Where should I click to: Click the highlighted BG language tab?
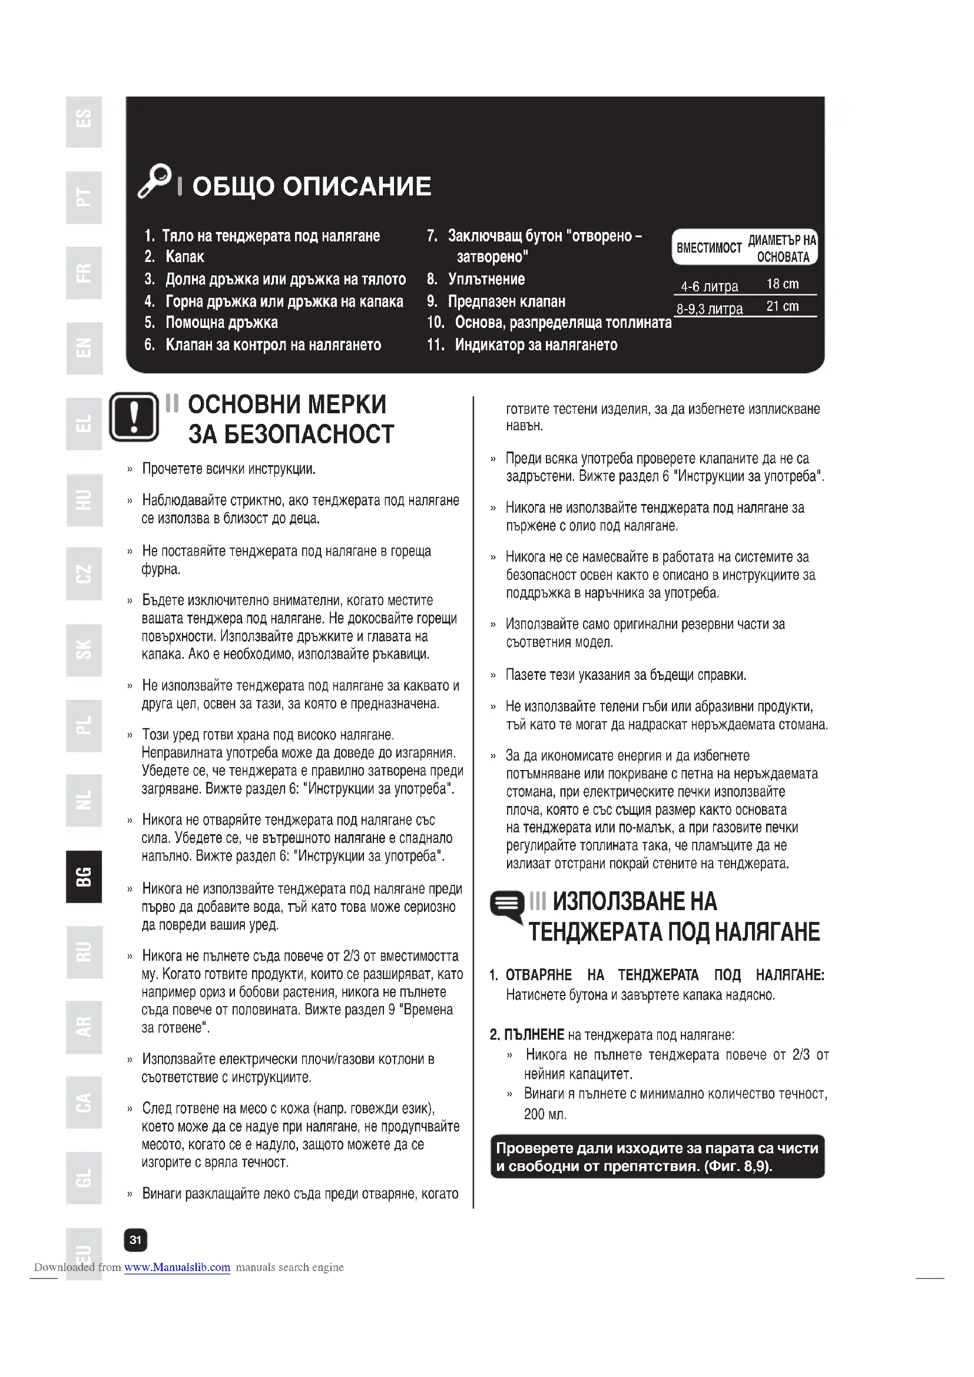[84, 876]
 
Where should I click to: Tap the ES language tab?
[84, 120]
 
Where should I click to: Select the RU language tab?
[84, 952]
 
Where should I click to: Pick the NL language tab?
[84, 800]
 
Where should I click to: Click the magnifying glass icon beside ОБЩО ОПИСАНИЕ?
[155, 180]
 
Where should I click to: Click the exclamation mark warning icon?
[134, 417]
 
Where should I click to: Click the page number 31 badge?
[135, 1240]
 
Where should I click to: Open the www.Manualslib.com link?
[177, 1267]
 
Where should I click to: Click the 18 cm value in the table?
[782, 284]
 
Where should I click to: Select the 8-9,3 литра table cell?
[709, 309]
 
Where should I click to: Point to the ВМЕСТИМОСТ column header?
[709, 247]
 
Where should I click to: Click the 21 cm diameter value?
[782, 307]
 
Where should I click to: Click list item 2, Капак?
[184, 257]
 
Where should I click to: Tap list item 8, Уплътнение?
[486, 279]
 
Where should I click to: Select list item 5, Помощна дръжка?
[221, 323]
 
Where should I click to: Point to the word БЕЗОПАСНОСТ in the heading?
[291, 434]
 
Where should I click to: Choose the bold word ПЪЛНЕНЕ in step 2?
[534, 1034]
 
